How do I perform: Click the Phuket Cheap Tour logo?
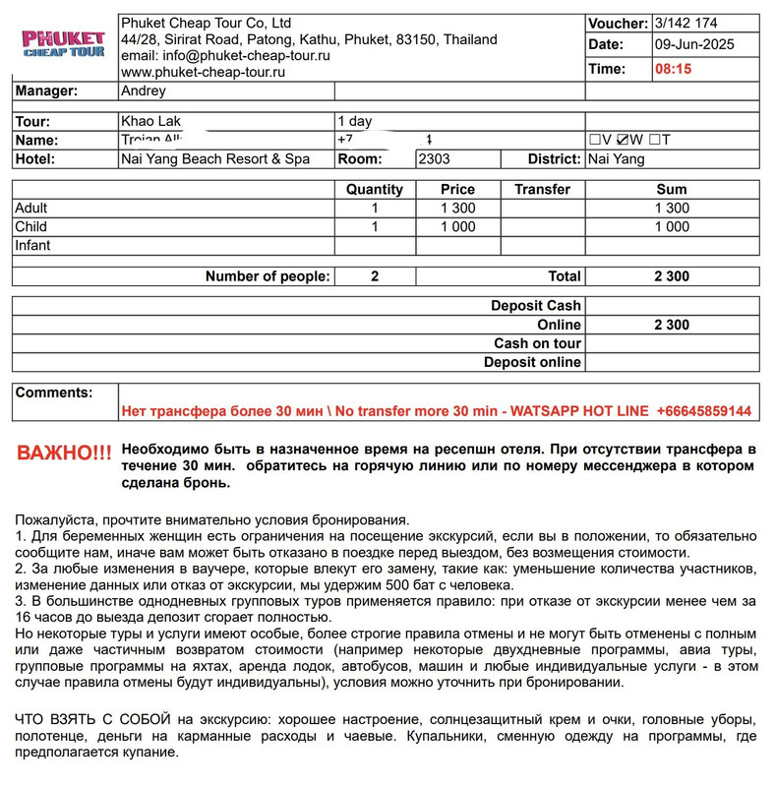point(64,44)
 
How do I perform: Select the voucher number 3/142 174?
point(686,23)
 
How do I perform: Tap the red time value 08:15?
point(674,69)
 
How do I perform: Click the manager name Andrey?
point(144,91)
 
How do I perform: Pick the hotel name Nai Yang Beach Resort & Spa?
point(215,158)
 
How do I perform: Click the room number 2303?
point(435,158)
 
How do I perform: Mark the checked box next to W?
point(623,140)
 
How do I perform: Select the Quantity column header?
point(375,189)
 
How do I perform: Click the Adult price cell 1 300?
point(457,208)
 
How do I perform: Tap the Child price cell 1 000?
point(457,226)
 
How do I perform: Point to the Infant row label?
point(32,245)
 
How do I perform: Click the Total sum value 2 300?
point(672,276)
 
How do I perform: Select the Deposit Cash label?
point(536,306)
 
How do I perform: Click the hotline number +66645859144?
point(703,410)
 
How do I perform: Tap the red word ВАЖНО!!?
point(65,453)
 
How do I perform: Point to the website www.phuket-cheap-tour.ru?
point(203,72)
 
